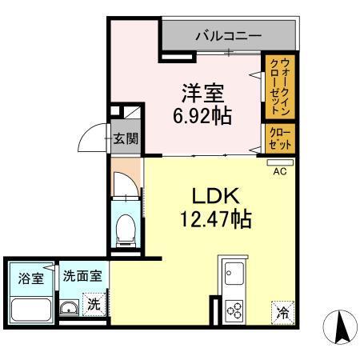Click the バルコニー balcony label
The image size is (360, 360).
(x=228, y=36)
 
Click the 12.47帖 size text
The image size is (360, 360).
(x=212, y=218)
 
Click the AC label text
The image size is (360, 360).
(x=281, y=171)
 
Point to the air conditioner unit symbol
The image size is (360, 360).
(x=281, y=162)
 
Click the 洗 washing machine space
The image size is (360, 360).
(x=94, y=305)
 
